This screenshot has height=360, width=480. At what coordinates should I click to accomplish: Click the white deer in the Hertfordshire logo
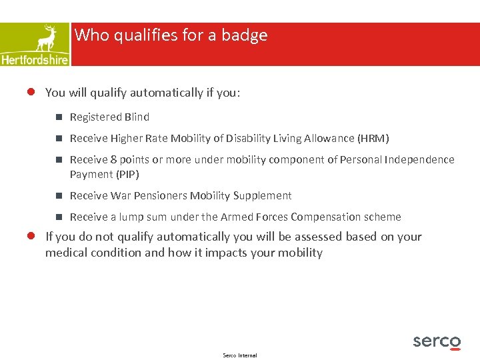pyautogui.click(x=46, y=38)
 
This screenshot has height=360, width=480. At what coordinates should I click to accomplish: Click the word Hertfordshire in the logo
pyautogui.click(x=35, y=59)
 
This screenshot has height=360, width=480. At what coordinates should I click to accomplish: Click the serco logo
pyautogui.click(x=437, y=341)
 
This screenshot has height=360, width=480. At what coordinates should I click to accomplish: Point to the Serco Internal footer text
pyautogui.click(x=240, y=355)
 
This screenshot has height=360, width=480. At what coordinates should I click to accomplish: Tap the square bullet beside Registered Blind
pyautogui.click(x=59, y=117)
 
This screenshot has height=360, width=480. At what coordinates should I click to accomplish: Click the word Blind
pyautogui.click(x=136, y=117)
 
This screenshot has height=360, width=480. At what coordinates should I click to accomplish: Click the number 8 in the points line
pyautogui.click(x=113, y=160)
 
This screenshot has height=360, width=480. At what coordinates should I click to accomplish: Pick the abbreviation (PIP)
pyautogui.click(x=127, y=175)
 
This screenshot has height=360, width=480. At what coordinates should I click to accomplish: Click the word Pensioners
pyautogui.click(x=161, y=196)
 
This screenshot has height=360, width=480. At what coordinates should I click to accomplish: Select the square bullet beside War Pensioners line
pyautogui.click(x=59, y=196)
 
